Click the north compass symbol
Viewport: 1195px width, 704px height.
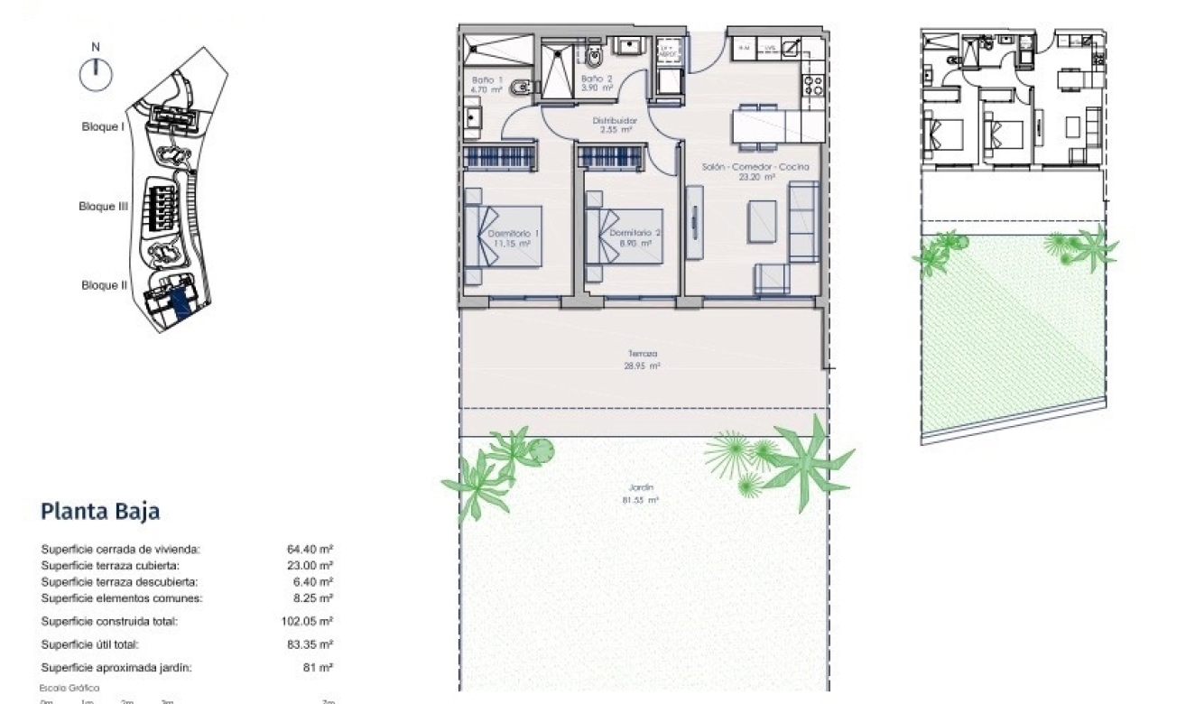(96, 74)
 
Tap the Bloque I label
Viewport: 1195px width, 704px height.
(102, 127)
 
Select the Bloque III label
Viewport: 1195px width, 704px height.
(103, 207)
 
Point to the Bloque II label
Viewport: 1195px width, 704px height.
(103, 285)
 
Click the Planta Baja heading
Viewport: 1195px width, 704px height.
(100, 512)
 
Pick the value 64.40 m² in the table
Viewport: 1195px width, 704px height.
(307, 549)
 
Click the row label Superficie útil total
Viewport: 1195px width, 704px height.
(90, 644)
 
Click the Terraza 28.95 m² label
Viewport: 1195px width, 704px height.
(644, 360)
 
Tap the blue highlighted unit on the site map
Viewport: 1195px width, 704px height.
(181, 301)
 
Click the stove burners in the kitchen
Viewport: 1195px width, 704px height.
(811, 85)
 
